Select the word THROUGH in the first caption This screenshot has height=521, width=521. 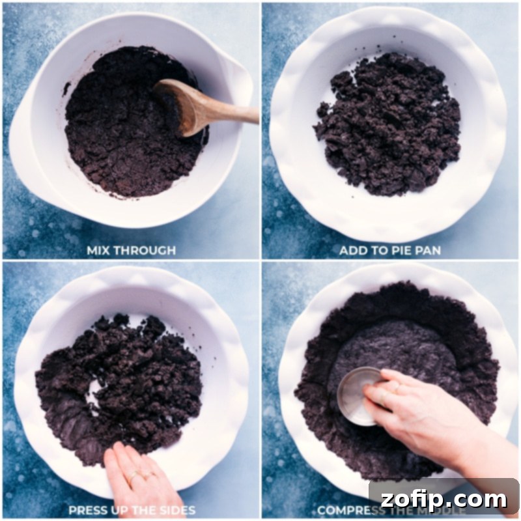pos(148,249)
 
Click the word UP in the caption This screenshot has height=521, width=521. pos(126,509)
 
